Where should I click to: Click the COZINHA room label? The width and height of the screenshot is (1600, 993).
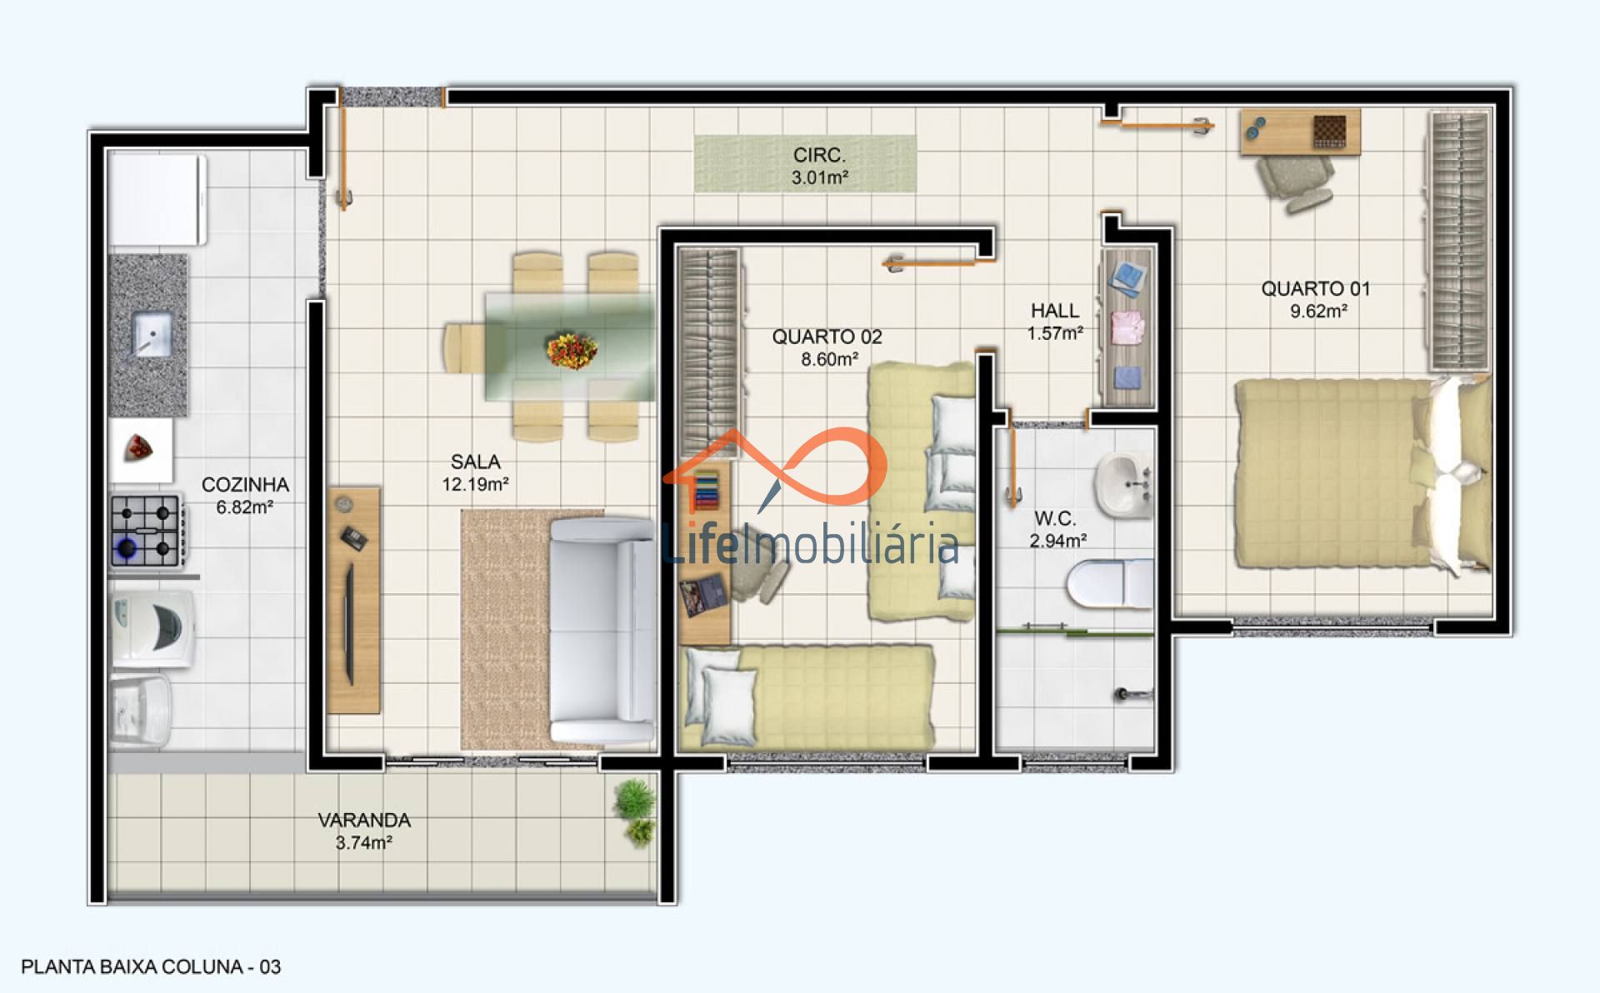click(245, 485)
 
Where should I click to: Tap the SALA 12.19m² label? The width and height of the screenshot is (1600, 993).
click(475, 472)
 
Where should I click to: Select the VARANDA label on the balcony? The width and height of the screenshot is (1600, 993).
click(364, 821)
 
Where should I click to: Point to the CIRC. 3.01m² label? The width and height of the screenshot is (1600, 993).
click(819, 166)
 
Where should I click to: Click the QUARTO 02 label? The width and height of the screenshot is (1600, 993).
click(827, 337)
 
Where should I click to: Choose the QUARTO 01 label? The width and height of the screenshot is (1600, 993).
click(1315, 289)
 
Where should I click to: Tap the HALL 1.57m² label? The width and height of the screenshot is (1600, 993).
click(1055, 322)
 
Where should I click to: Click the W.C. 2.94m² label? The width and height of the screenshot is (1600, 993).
click(1057, 529)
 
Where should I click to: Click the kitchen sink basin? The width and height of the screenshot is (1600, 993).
click(152, 335)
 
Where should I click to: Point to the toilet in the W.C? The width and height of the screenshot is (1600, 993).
click(1110, 582)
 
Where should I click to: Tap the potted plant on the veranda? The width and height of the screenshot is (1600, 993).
click(635, 811)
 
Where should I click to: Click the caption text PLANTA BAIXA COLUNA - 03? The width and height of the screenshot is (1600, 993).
click(151, 967)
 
